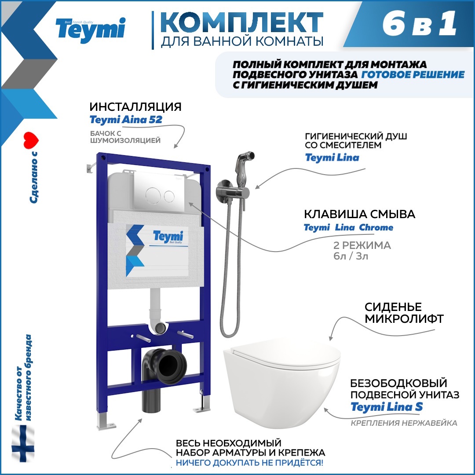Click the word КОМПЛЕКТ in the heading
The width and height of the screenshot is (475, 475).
click(x=241, y=21)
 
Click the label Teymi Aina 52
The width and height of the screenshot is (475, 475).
click(x=126, y=120)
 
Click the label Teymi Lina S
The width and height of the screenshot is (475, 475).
click(x=387, y=407)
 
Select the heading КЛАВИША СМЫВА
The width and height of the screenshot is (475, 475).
click(x=360, y=214)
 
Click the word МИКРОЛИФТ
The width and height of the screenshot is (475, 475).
click(x=403, y=319)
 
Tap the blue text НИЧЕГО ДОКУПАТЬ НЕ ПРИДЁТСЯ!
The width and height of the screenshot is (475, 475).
click(x=249, y=463)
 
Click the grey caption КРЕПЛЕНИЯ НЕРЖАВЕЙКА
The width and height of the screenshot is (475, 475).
click(x=404, y=423)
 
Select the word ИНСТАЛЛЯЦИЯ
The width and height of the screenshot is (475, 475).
click(x=135, y=107)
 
